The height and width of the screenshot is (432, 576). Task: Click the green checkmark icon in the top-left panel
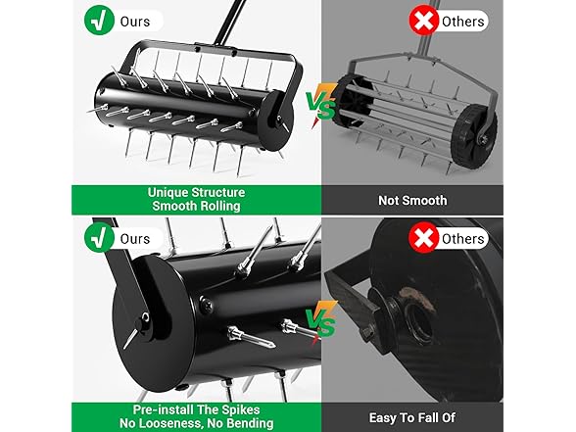coord(99,21)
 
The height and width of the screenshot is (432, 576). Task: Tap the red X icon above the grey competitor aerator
coord(424,21)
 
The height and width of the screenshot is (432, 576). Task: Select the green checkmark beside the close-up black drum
coord(99,238)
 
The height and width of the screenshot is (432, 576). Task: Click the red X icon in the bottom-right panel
coord(424,238)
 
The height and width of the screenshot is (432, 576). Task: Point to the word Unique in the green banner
coord(168,193)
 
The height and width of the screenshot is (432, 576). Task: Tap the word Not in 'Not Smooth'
coord(388,201)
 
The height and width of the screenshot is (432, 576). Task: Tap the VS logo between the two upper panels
coord(321,106)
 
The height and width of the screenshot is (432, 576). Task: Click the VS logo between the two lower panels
coord(321,322)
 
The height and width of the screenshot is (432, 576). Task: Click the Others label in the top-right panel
coord(462,22)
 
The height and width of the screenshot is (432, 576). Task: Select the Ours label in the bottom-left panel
coord(135,239)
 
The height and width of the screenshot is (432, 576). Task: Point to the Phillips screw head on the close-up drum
coord(207,305)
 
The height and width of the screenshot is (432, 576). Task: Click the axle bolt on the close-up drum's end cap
coord(145,317)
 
